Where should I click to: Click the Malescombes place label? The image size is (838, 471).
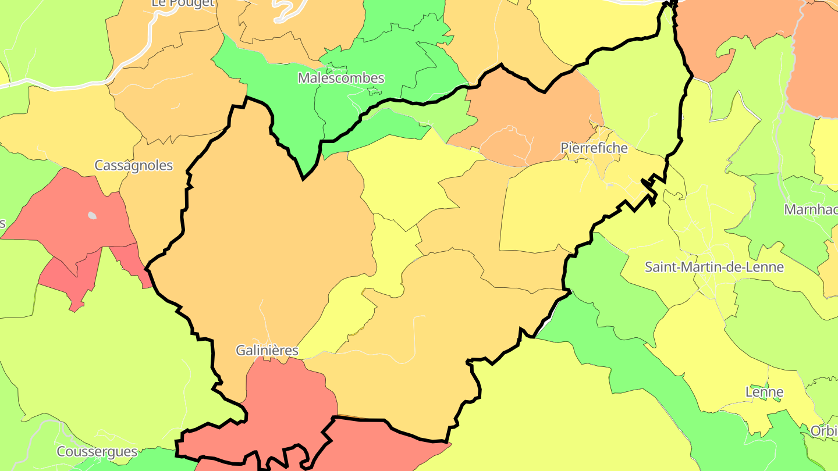point(341,78)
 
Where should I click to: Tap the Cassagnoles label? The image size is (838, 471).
point(134,165)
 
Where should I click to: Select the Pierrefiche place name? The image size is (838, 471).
point(594,148)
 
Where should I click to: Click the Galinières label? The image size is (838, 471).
point(267,350)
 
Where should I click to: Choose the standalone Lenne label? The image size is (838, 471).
point(764,392)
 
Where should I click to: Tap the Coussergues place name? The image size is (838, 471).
point(97,451)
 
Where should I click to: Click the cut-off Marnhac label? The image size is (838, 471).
point(811,209)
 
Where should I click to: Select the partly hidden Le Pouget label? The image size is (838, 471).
point(183,3)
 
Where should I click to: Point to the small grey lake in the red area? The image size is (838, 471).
point(92,215)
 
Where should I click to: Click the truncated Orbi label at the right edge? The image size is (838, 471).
point(824,431)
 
